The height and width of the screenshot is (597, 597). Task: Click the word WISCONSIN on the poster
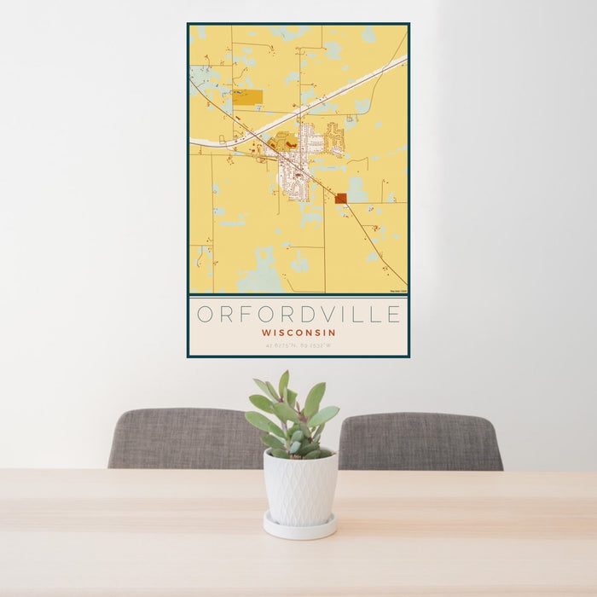(298, 333)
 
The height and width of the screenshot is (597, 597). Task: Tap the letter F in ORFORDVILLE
(241, 315)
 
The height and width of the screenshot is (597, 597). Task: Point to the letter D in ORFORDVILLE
(298, 315)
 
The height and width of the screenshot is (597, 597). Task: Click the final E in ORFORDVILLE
(392, 315)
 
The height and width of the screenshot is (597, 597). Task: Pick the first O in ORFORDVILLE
(205, 315)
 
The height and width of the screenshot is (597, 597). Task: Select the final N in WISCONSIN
(333, 333)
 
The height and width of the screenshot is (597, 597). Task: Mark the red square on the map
(340, 198)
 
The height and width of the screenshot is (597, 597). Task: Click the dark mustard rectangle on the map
(247, 97)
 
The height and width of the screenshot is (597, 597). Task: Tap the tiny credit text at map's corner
(397, 291)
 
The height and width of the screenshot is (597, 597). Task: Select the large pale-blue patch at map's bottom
(259, 277)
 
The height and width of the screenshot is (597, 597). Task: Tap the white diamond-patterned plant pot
(299, 489)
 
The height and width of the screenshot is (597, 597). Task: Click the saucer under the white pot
(299, 528)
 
